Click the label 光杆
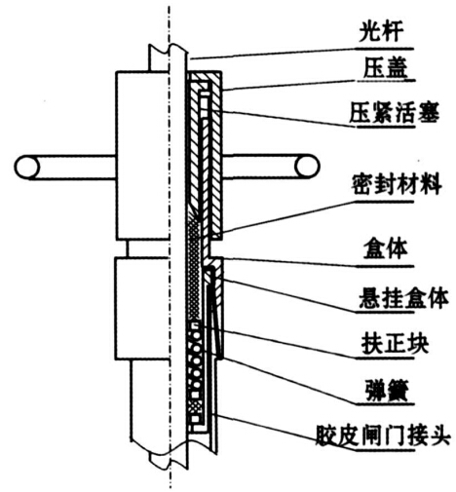tap(381, 32)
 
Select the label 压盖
tap(385, 68)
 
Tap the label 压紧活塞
tap(395, 113)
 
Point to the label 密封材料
tap(397, 184)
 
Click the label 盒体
tap(385, 249)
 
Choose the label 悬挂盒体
tap(403, 298)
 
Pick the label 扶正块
tap(395, 344)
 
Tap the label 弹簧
tap(386, 390)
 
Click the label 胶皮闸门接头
tap(383, 435)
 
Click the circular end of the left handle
tap(26, 167)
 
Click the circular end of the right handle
tap(307, 167)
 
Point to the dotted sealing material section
tap(194, 270)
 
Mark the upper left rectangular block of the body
tap(142, 156)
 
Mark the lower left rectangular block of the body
tap(142, 309)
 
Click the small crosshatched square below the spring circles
tap(195, 406)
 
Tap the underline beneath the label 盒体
tap(385, 267)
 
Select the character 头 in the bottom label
tap(439, 435)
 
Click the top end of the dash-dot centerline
tap(169, 5)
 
